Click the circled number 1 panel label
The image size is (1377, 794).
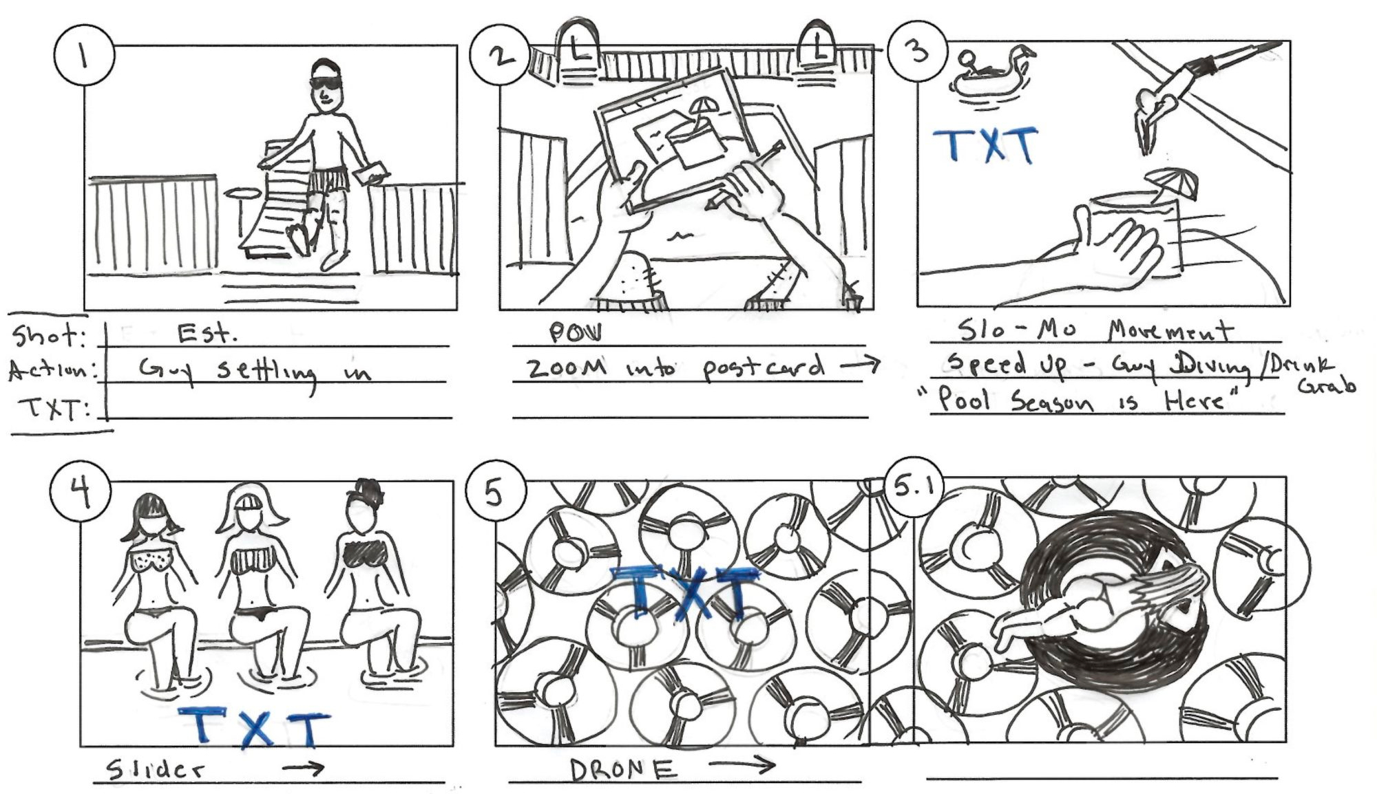(83, 55)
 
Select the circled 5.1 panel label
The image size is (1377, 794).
(912, 487)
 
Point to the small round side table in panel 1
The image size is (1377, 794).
(240, 195)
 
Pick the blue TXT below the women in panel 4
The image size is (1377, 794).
(254, 728)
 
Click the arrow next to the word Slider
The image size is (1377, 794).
(303, 769)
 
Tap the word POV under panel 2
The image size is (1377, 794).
(574, 333)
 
